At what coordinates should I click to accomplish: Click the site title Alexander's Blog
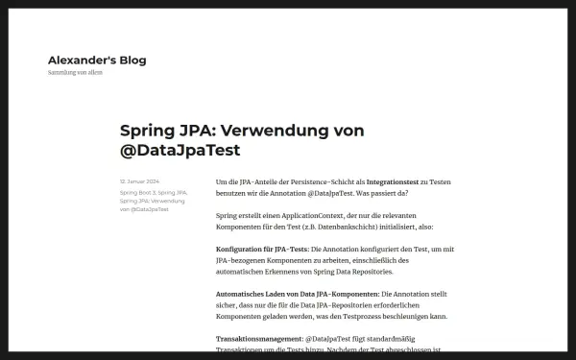tap(97, 60)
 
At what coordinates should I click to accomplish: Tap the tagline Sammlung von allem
tap(75, 73)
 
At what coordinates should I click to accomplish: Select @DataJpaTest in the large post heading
tap(180, 151)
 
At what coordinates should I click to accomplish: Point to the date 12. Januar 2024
tap(139, 180)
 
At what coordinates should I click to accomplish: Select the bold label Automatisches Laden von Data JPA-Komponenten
tap(297, 293)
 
